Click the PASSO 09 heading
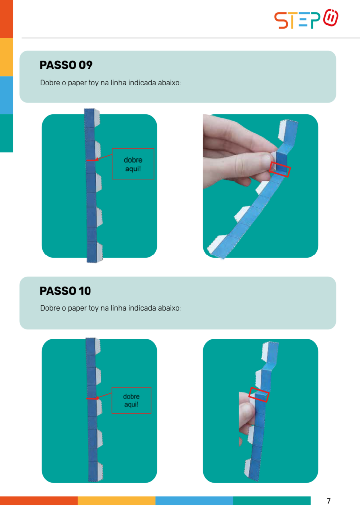pos(66,65)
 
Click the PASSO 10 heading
pos(65,290)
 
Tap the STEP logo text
pos(297,20)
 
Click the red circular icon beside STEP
pos(331,18)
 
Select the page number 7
pos(329,500)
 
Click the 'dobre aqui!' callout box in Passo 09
pos(133,164)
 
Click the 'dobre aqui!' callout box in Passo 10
pos(131,400)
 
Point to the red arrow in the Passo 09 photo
pos(104,157)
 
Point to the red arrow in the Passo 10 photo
pos(103,395)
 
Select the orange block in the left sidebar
pos(6,19)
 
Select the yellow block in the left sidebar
pos(6,57)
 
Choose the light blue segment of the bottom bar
pos(194,500)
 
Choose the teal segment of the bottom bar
pos(271,500)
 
